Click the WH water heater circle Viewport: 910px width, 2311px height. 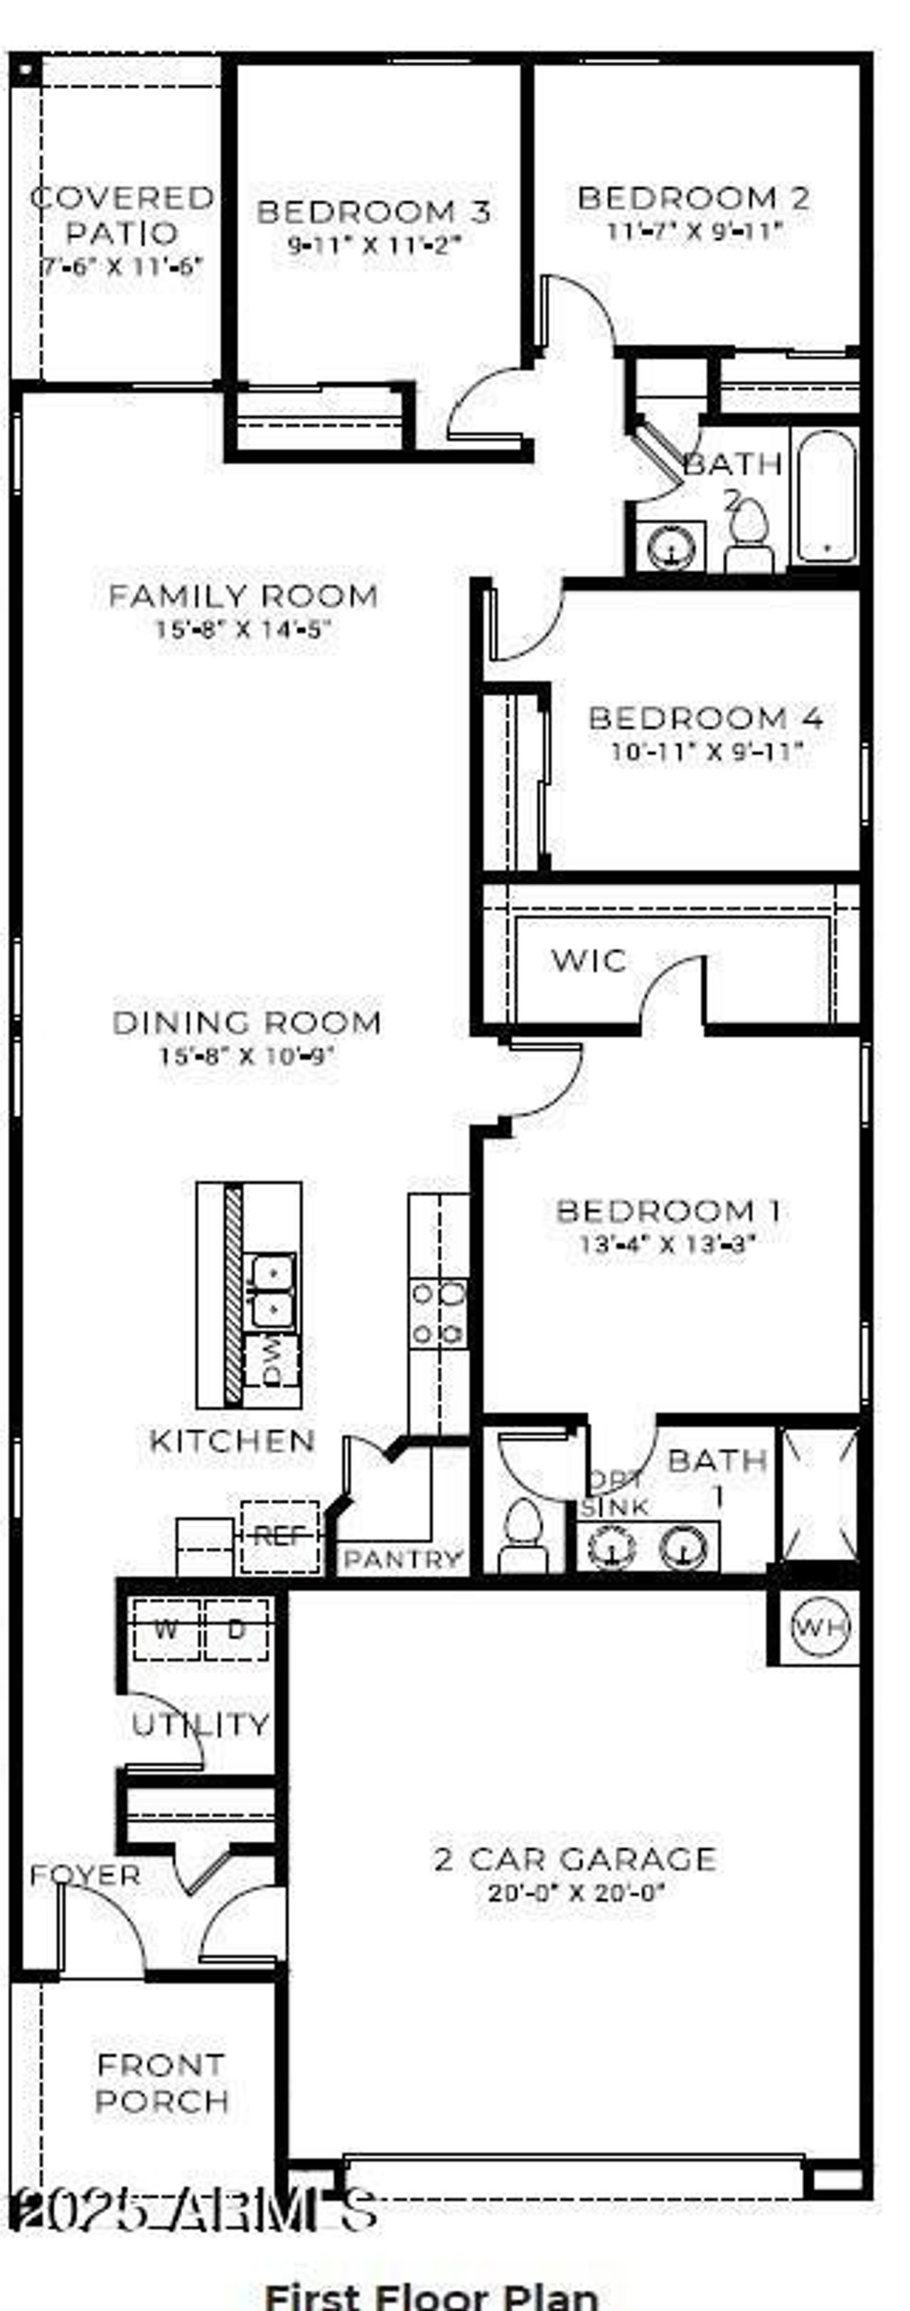[x=820, y=1626]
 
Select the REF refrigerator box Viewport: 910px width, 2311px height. [x=279, y=1536]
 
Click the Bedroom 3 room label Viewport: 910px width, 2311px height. [x=373, y=212]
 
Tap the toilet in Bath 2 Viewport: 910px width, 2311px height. [x=749, y=534]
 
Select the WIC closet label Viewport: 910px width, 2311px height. [x=589, y=960]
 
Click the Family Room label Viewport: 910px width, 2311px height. [x=242, y=596]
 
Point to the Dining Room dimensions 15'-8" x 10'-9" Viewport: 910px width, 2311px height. [x=247, y=1055]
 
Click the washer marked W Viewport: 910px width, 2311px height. [x=165, y=1628]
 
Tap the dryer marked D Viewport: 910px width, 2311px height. [x=236, y=1628]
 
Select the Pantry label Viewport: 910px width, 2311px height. [x=403, y=1559]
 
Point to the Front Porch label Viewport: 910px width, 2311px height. [x=161, y=2083]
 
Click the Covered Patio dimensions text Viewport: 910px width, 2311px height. [x=122, y=266]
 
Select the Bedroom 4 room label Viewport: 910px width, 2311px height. [x=705, y=718]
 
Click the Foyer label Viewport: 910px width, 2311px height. [x=85, y=1875]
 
